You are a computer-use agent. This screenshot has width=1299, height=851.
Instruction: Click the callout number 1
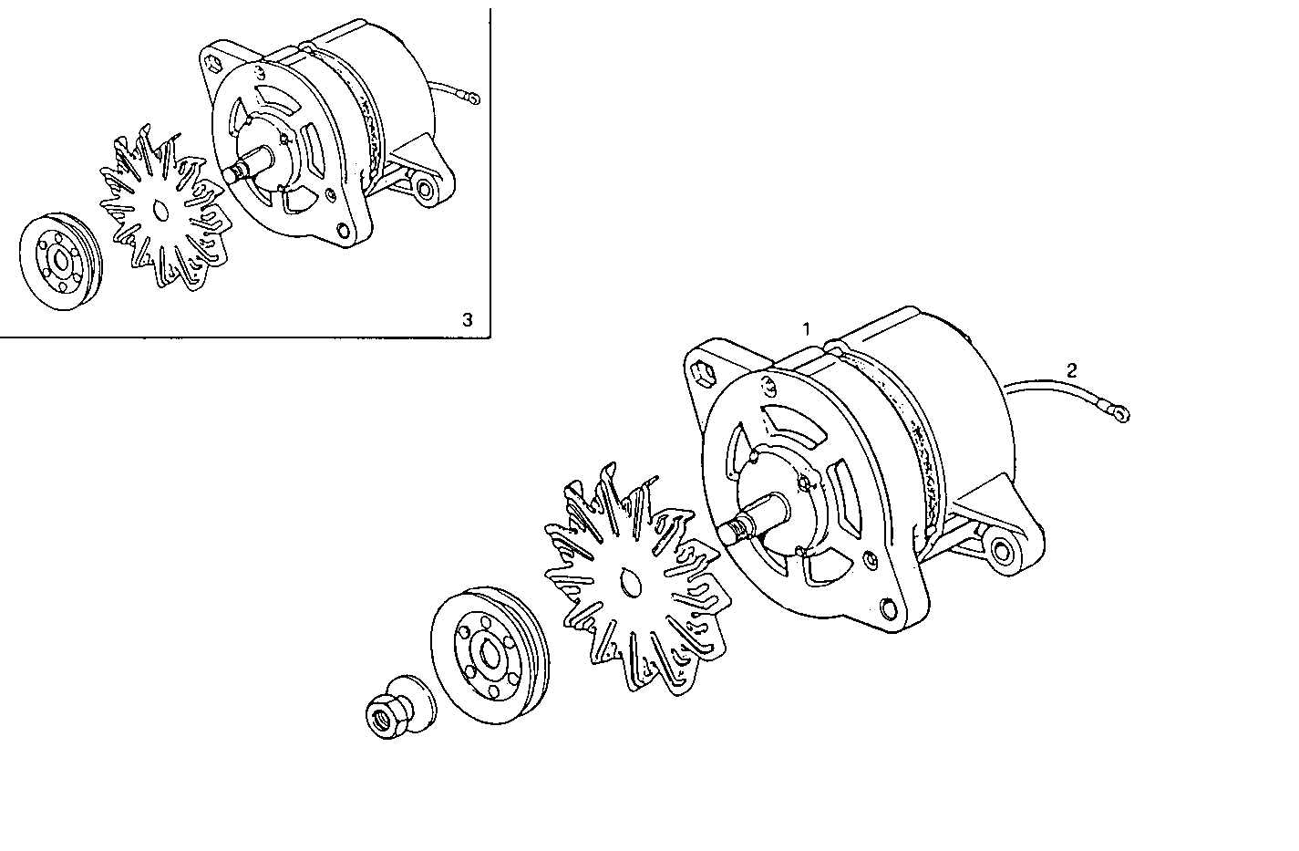click(x=806, y=328)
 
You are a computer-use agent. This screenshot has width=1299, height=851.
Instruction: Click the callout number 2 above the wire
click(x=1072, y=369)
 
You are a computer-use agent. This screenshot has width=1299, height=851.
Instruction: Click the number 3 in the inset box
click(x=468, y=319)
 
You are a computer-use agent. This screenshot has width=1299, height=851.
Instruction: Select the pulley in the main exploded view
click(x=490, y=655)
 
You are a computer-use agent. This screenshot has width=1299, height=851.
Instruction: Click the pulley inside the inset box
click(x=61, y=262)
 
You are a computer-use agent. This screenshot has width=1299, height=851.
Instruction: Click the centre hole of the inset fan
click(x=161, y=212)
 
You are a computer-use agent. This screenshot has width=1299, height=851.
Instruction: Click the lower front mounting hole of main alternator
click(x=890, y=607)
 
